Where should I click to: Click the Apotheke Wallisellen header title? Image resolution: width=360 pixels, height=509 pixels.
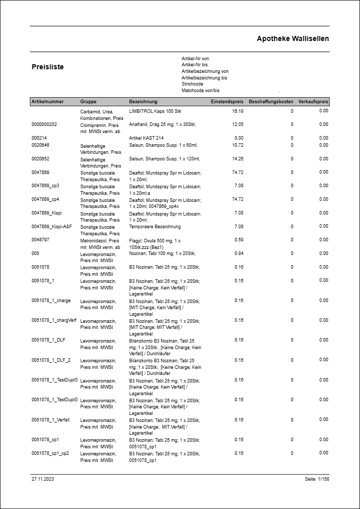pyautogui.click(x=293, y=39)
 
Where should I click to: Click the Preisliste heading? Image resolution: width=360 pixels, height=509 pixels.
pyautogui.click(x=48, y=67)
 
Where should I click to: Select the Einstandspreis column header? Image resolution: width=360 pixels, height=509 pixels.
pyautogui.click(x=227, y=102)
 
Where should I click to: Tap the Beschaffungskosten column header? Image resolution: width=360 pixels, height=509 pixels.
pyautogui.click(x=271, y=102)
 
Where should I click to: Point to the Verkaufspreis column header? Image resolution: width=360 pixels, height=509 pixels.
pyautogui.click(x=313, y=102)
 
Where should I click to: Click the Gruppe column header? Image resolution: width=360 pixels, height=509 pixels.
pyautogui.click(x=88, y=102)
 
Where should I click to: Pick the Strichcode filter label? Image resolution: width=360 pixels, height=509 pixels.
pyautogui.click(x=192, y=84)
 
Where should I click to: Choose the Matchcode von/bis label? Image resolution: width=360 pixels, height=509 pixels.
pyautogui.click(x=201, y=91)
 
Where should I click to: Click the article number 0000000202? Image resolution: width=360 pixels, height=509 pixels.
pyautogui.click(x=45, y=124)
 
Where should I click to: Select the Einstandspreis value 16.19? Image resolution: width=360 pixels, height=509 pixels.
pyautogui.click(x=237, y=111)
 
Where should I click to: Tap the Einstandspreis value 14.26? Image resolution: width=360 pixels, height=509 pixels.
pyautogui.click(x=237, y=158)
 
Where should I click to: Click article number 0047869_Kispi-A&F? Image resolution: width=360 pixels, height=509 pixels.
pyautogui.click(x=52, y=227)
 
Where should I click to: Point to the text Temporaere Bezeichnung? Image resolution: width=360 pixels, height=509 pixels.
pyautogui.click(x=155, y=227)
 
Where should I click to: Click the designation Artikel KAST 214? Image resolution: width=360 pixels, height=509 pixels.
pyautogui.click(x=146, y=138)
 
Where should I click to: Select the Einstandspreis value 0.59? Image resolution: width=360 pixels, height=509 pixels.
pyautogui.click(x=239, y=240)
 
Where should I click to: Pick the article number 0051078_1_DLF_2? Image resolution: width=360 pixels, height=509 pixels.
pyautogui.click(x=51, y=360)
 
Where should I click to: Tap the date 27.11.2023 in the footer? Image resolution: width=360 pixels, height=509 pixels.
pyautogui.click(x=43, y=479)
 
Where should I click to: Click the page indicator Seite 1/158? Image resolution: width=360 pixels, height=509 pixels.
pyautogui.click(x=317, y=479)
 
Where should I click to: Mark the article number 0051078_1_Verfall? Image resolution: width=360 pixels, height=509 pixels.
pyautogui.click(x=51, y=420)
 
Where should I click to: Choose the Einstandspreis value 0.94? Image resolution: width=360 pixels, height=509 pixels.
pyautogui.click(x=239, y=253)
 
